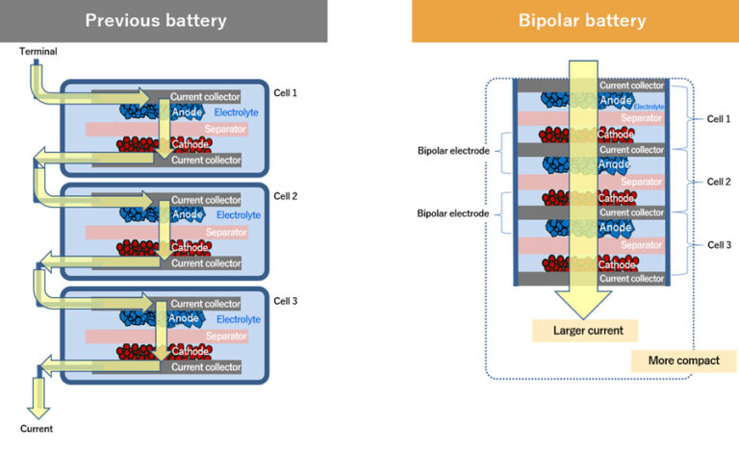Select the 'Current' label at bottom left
(37, 428)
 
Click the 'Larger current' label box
(587, 331)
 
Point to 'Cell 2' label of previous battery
(286, 196)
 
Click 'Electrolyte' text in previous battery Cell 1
(238, 112)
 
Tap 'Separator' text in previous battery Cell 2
(226, 233)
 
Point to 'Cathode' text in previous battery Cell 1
(188, 144)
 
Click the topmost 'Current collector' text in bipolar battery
(631, 87)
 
